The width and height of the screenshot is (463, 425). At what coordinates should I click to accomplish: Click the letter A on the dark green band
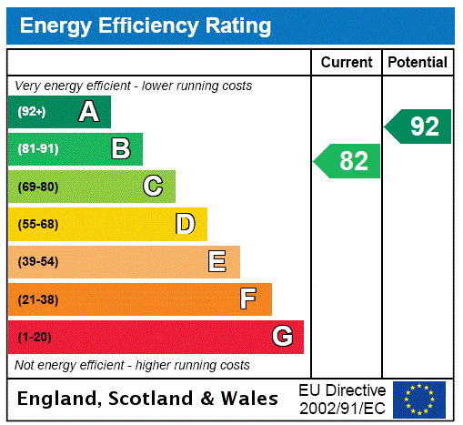click(88, 112)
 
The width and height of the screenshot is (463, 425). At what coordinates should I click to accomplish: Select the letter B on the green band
click(121, 149)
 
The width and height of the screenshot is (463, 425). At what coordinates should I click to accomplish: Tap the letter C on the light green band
click(153, 187)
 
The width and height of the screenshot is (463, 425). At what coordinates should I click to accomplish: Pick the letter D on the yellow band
click(185, 224)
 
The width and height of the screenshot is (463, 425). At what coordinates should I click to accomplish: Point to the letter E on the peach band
click(217, 262)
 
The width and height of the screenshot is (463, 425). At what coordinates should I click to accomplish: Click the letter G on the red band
click(282, 337)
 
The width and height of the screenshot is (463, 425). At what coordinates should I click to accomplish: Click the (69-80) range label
click(37, 187)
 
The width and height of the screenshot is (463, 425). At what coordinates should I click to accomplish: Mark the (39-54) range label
click(37, 262)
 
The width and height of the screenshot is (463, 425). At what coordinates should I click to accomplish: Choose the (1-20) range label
click(35, 338)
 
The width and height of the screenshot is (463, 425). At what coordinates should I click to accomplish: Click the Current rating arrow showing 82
click(348, 161)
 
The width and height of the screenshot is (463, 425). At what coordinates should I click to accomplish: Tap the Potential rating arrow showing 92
click(418, 126)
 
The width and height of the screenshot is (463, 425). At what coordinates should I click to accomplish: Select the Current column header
click(347, 63)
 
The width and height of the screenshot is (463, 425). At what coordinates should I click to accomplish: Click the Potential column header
click(418, 63)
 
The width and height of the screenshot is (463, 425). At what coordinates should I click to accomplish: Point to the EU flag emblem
click(419, 399)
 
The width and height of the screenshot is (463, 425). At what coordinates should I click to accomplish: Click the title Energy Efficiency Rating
click(146, 25)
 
